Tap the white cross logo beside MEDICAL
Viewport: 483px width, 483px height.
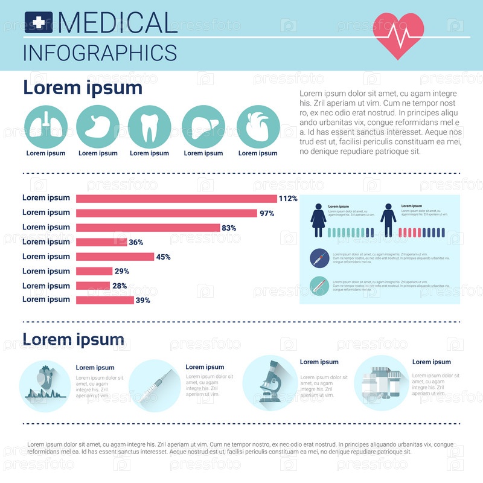point(39,23)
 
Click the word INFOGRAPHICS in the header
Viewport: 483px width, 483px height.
point(100,53)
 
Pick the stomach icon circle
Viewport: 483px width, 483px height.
point(98,127)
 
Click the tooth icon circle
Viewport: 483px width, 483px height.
point(150,127)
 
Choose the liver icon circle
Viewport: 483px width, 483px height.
point(203,127)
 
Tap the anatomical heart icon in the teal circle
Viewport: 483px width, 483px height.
point(258,127)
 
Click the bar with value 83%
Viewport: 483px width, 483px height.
point(147,228)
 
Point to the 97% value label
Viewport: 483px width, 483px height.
point(267,213)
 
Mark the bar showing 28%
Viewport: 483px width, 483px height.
point(93,286)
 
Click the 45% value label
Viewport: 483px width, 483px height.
point(163,257)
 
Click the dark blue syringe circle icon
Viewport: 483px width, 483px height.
point(319,258)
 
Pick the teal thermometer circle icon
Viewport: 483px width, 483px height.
point(319,286)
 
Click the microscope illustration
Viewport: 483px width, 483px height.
point(270,382)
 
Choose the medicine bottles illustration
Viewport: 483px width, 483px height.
point(381,383)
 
